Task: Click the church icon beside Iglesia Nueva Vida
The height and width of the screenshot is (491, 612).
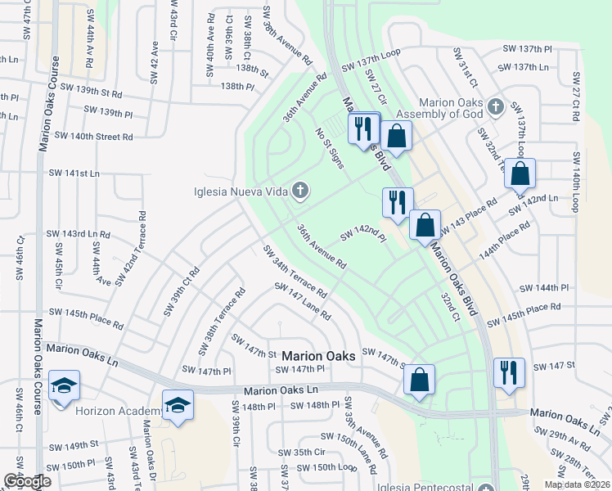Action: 300,191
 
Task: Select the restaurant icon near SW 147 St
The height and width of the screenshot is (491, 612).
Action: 509,372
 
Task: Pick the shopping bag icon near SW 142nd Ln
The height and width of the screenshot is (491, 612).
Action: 520,173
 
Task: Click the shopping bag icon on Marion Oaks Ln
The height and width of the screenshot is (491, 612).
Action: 419,380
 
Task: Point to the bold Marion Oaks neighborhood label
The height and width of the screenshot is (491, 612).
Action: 318,356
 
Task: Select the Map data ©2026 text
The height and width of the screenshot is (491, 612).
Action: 577,484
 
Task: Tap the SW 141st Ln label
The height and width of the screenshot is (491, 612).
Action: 74,173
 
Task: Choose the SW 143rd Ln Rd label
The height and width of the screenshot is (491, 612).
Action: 79,234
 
